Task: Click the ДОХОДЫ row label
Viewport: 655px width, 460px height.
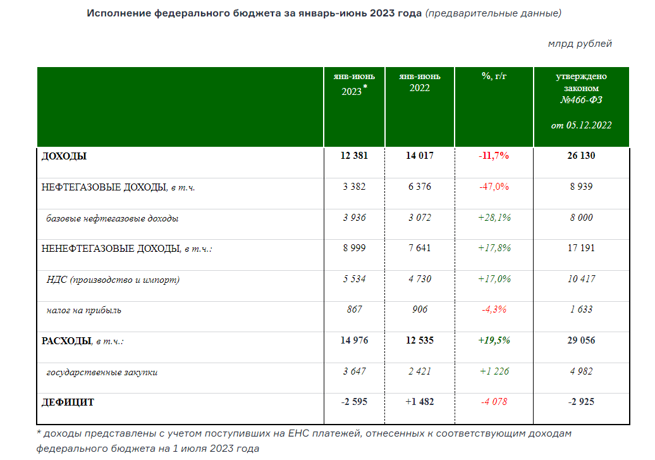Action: (x=64, y=156)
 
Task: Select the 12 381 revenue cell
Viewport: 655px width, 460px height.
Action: (x=354, y=156)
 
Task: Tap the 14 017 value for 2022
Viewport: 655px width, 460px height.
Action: (x=419, y=156)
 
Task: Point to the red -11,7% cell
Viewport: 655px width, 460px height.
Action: (x=494, y=156)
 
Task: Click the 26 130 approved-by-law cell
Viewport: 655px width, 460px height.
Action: (x=581, y=156)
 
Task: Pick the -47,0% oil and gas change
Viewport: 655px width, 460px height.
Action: (x=494, y=187)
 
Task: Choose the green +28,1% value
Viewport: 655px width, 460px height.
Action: (x=494, y=218)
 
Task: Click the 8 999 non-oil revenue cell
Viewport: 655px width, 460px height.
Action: (x=354, y=248)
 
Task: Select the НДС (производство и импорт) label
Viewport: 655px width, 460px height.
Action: (x=113, y=279)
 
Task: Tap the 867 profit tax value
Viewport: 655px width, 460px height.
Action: (x=354, y=310)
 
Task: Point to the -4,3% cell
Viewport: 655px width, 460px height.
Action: (x=494, y=310)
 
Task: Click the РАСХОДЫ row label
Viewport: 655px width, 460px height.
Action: (x=66, y=341)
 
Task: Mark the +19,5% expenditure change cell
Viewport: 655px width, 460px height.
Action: (x=494, y=340)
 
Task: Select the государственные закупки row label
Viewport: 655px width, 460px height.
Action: (x=102, y=372)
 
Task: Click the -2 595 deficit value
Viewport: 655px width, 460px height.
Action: (x=354, y=402)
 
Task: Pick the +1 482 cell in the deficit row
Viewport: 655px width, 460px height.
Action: (x=419, y=402)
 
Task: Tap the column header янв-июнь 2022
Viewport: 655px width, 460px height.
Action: (x=419, y=82)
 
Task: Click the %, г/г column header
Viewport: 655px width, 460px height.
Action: (x=494, y=76)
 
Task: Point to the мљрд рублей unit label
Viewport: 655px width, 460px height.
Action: (x=580, y=44)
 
